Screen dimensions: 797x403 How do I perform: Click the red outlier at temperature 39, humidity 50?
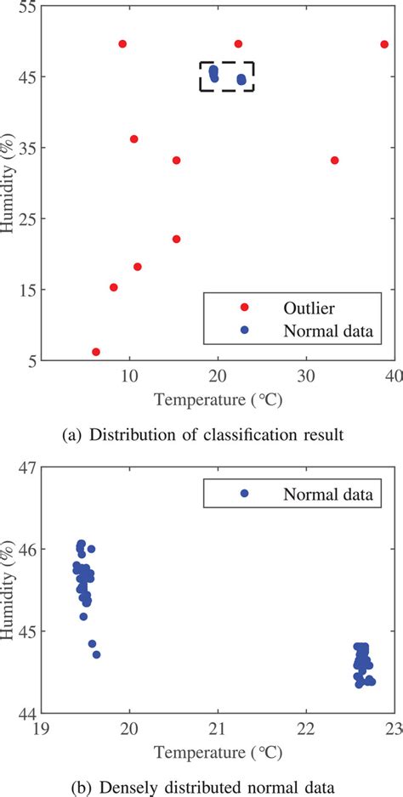point(384,44)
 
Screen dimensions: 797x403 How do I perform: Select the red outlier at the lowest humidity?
point(96,352)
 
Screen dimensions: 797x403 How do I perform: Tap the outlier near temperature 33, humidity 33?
point(334,161)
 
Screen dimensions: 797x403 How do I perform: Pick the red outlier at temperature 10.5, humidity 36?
point(133,138)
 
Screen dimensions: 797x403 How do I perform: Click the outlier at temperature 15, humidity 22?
point(176,239)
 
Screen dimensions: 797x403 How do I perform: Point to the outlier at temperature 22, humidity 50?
point(238,43)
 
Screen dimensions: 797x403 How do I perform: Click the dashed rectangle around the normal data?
point(226,62)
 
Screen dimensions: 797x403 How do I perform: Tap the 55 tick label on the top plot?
point(26,6)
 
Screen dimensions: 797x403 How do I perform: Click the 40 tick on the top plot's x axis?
point(394,375)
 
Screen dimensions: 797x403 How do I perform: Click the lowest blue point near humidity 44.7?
point(96,654)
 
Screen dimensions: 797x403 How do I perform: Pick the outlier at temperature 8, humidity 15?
point(114,287)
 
